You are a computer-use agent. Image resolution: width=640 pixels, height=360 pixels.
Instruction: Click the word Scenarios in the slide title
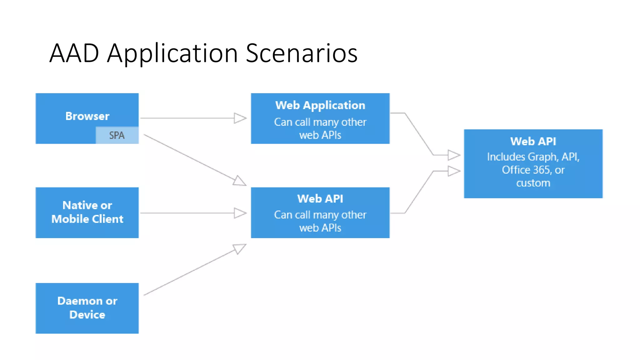(x=302, y=53)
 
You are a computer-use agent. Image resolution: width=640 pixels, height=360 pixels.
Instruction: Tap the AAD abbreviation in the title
(x=74, y=53)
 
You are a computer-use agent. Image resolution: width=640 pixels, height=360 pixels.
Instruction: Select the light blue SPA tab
(x=117, y=135)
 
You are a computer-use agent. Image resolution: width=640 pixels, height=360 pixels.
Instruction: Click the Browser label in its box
(x=87, y=116)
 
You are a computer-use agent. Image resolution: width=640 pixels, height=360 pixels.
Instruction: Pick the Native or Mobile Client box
(x=87, y=212)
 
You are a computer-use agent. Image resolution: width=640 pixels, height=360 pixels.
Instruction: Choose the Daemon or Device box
(x=87, y=308)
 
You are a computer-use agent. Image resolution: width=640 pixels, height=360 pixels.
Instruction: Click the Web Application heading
(x=320, y=105)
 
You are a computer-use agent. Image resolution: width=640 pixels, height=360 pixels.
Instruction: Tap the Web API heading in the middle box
(x=320, y=199)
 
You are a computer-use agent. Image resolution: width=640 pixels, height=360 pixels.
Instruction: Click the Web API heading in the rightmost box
(x=533, y=142)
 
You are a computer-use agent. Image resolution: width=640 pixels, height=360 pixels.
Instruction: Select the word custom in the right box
(x=533, y=183)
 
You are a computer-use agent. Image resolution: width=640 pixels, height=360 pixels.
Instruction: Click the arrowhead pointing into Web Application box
(x=240, y=118)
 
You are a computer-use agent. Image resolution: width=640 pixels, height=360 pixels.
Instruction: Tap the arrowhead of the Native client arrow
(x=240, y=213)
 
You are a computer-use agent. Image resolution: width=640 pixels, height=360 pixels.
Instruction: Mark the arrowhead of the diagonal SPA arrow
(x=240, y=181)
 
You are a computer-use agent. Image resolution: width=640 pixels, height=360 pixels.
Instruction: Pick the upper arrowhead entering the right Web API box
(x=454, y=155)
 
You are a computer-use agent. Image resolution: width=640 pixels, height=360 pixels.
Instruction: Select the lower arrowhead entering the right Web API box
(x=454, y=171)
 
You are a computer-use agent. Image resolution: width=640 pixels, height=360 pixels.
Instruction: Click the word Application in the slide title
(x=172, y=53)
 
